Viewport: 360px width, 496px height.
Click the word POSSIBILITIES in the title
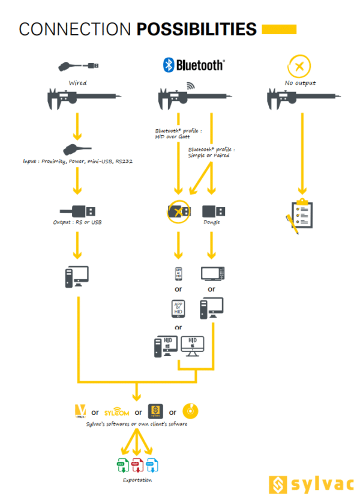point(196,29)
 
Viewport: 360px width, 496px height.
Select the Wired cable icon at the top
point(79,65)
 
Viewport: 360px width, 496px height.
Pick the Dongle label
point(212,223)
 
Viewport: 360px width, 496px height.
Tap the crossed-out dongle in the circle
point(179,211)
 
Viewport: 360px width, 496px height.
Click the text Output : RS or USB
point(77,223)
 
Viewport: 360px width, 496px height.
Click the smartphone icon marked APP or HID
point(178,273)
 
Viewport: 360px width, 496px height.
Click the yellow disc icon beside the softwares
point(190,411)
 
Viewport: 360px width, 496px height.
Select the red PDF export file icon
point(136,464)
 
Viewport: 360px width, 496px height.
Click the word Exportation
point(137,480)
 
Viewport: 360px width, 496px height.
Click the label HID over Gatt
point(172,138)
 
